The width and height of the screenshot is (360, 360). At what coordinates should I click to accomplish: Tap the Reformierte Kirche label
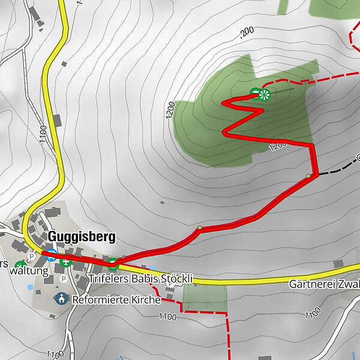tap(115, 299)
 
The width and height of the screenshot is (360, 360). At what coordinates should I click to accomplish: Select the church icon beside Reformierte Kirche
tap(61, 298)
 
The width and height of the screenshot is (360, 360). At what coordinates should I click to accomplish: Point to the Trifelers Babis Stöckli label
tap(140, 279)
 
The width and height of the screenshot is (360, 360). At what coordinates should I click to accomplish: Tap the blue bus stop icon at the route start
tap(52, 254)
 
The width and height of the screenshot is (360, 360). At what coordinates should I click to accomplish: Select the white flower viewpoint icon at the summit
tap(265, 94)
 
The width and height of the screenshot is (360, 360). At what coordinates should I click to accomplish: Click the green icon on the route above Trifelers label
tap(112, 262)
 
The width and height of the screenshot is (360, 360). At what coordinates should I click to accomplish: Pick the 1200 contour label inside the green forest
tap(278, 146)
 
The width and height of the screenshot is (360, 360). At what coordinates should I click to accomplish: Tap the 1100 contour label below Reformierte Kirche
tap(169, 316)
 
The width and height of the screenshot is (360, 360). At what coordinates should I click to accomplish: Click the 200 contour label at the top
tap(247, 31)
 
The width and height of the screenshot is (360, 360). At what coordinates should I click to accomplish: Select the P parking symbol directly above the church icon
tap(63, 279)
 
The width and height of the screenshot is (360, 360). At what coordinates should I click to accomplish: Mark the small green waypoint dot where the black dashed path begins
tap(308, 175)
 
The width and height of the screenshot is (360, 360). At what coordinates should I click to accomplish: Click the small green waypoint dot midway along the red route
tap(199, 227)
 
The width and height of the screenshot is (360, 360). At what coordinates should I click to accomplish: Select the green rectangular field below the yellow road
tap(205, 298)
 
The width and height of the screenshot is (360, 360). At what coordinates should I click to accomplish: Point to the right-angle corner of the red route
tap(313, 146)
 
